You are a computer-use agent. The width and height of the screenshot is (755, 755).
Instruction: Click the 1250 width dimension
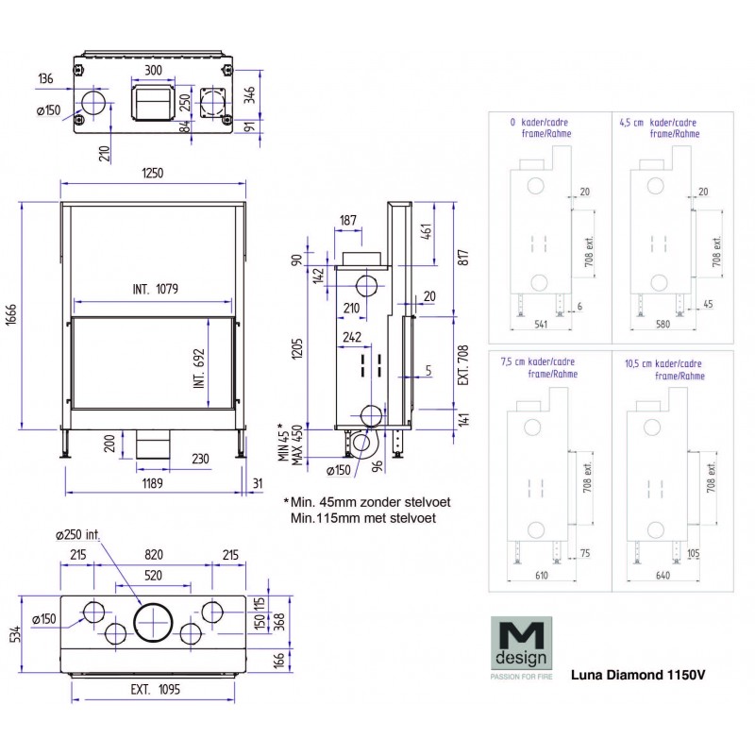(153, 173)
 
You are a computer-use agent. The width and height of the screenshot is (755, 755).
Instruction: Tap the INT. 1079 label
(152, 288)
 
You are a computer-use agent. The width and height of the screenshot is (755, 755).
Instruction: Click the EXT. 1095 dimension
(153, 689)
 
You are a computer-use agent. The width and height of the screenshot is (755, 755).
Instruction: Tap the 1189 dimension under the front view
(153, 482)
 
